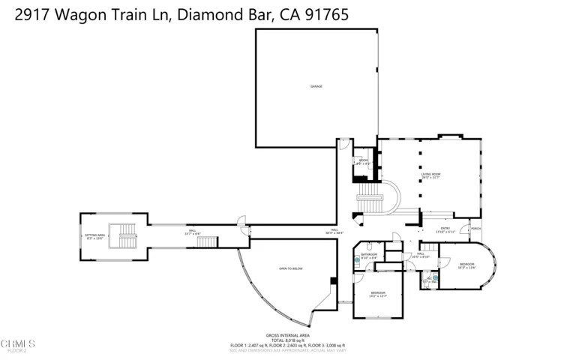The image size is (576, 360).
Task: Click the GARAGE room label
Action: pos(316,86)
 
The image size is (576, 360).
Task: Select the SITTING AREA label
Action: pos(94,235)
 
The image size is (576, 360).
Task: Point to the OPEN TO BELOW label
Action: pos(290,268)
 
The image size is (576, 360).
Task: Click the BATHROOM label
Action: pos(368,255)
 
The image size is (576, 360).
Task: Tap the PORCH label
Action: pos(475,229)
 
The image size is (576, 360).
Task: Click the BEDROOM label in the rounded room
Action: pos(466,265)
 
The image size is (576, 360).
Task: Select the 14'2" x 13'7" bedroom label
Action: pos(377,295)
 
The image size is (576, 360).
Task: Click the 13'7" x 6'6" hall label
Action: pos(192,232)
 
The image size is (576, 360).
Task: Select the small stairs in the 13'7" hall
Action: pos(207,241)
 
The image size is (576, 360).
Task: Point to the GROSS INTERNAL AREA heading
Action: pos(287,335)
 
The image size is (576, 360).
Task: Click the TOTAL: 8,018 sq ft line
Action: pos(287,340)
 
